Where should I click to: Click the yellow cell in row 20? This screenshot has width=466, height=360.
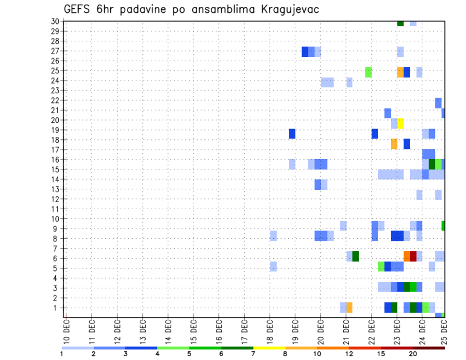pyautogui.click(x=400, y=123)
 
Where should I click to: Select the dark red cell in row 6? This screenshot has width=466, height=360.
pyautogui.click(x=413, y=256)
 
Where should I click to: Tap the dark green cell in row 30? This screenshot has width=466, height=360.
pyautogui.click(x=400, y=23)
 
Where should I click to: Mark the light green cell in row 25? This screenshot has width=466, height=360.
pyautogui.click(x=368, y=72)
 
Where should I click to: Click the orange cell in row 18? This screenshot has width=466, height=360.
pyautogui.click(x=394, y=144)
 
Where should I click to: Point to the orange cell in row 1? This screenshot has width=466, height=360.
pyautogui.click(x=349, y=308)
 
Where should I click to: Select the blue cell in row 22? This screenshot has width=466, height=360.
pyautogui.click(x=438, y=103)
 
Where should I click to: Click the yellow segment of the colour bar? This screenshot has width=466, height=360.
pyautogui.click(x=269, y=348)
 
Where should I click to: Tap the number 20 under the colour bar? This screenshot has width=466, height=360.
pyautogui.click(x=413, y=354)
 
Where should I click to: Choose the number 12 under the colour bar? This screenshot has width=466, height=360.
pyautogui.click(x=349, y=354)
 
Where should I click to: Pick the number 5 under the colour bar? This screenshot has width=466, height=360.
pyautogui.click(x=189, y=354)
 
